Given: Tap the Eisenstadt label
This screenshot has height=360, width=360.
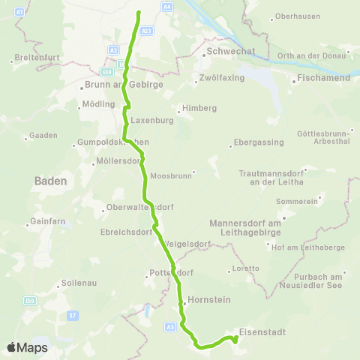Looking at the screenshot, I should tap(262, 330).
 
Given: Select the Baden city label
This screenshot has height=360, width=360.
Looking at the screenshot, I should tap(51, 181).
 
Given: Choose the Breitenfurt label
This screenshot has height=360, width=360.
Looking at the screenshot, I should tap(37, 58).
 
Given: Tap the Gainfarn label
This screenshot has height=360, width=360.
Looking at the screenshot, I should tap(46, 221).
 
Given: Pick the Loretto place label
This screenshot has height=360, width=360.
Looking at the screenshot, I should tap(246, 268).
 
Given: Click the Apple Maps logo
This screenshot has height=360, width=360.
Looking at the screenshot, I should tap(27, 347).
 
